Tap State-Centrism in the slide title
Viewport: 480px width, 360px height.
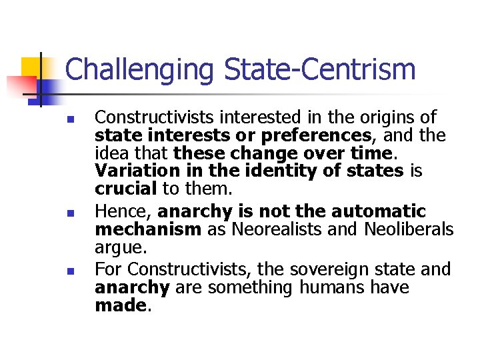point(320,69)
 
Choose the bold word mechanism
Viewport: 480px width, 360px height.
point(148,230)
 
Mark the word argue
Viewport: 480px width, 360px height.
point(119,247)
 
